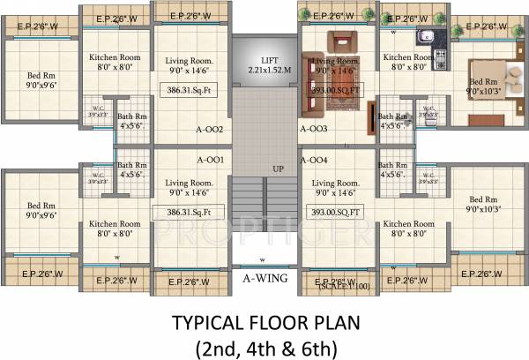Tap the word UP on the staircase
coord(278,168)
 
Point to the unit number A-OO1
coord(210,160)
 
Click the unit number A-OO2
coord(209,130)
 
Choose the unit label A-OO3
coord(313,130)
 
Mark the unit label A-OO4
coord(313,160)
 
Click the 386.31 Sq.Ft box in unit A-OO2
coord(189,90)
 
